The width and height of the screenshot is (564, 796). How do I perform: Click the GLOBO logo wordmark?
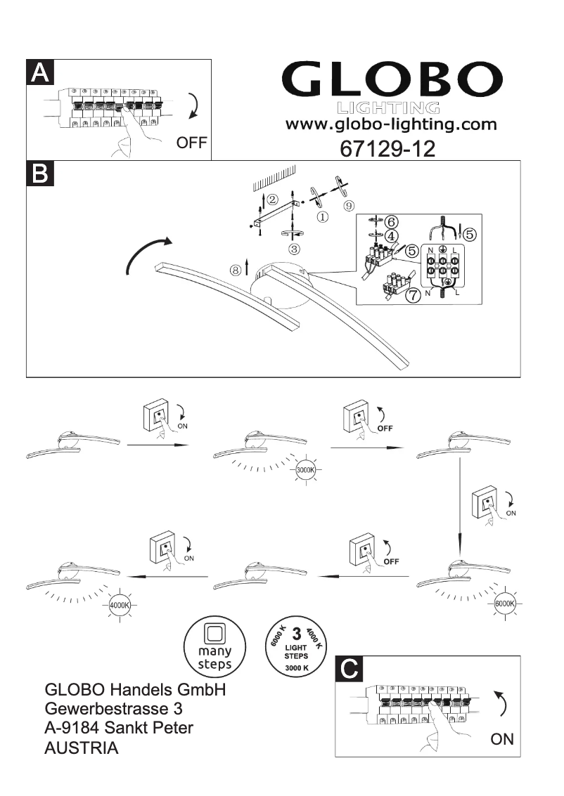pyautogui.click(x=389, y=81)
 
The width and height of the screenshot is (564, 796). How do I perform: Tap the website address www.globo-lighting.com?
pyautogui.click(x=390, y=125)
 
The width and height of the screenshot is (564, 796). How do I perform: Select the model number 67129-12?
pyautogui.click(x=387, y=148)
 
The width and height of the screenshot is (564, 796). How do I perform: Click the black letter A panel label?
pyautogui.click(x=40, y=73)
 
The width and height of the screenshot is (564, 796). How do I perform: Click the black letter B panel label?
pyautogui.click(x=40, y=174)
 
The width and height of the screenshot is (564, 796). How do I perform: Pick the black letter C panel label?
pyautogui.click(x=350, y=670)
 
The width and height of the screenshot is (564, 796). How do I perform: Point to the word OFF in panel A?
pyautogui.click(x=191, y=143)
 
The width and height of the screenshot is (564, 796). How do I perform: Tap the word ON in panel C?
pyautogui.click(x=502, y=739)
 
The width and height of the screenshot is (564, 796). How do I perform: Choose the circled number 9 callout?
pyautogui.click(x=349, y=204)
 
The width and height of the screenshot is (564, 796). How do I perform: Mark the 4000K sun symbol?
pyautogui.click(x=122, y=604)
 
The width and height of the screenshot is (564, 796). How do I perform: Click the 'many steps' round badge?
pyautogui.click(x=214, y=645)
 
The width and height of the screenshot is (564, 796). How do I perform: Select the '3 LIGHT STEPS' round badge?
pyautogui.click(x=296, y=645)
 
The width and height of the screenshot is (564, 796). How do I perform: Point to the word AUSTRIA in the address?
pyautogui.click(x=82, y=749)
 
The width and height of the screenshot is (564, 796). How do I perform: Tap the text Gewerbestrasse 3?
pyautogui.click(x=117, y=709)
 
